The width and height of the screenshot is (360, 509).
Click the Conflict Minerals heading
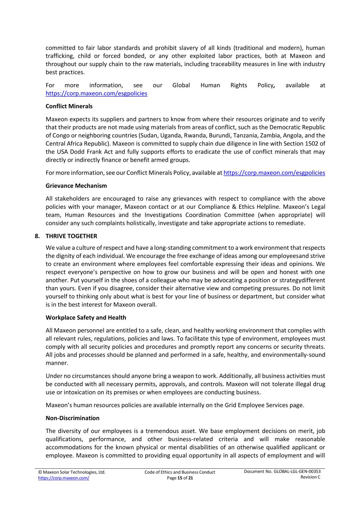pyautogui.click(x=69, y=106)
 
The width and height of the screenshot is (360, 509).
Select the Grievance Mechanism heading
pyautogui.click(x=76, y=186)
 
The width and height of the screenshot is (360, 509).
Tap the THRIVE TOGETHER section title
pyautogui.click(x=71, y=236)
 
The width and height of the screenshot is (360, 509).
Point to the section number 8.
pyautogui.click(x=37, y=236)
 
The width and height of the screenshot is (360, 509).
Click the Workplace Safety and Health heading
pyautogui.click(x=86, y=318)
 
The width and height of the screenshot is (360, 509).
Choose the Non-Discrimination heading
pyautogui.click(x=72, y=418)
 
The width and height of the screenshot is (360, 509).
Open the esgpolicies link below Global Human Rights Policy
pyautogui.click(x=96, y=94)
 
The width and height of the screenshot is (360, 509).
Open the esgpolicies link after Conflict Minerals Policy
pyautogui.click(x=274, y=173)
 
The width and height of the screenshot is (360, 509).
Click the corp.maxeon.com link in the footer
pyautogui.click(x=63, y=478)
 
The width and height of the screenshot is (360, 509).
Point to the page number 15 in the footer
pyautogui.click(x=180, y=478)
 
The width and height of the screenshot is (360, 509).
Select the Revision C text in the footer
pyautogui.click(x=310, y=477)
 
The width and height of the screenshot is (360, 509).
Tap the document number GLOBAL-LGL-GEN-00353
pyautogui.click(x=297, y=471)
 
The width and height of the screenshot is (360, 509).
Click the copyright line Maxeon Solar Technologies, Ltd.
pyautogui.click(x=72, y=472)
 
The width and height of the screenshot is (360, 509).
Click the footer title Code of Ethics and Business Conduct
pyautogui.click(x=180, y=472)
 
